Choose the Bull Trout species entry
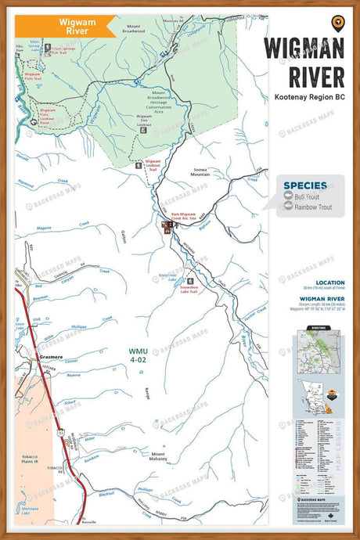pyautogui.click(x=307, y=196)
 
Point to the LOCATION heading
pyautogui.click(x=329, y=283)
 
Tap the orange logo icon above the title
pyautogui.click(x=337, y=22)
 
